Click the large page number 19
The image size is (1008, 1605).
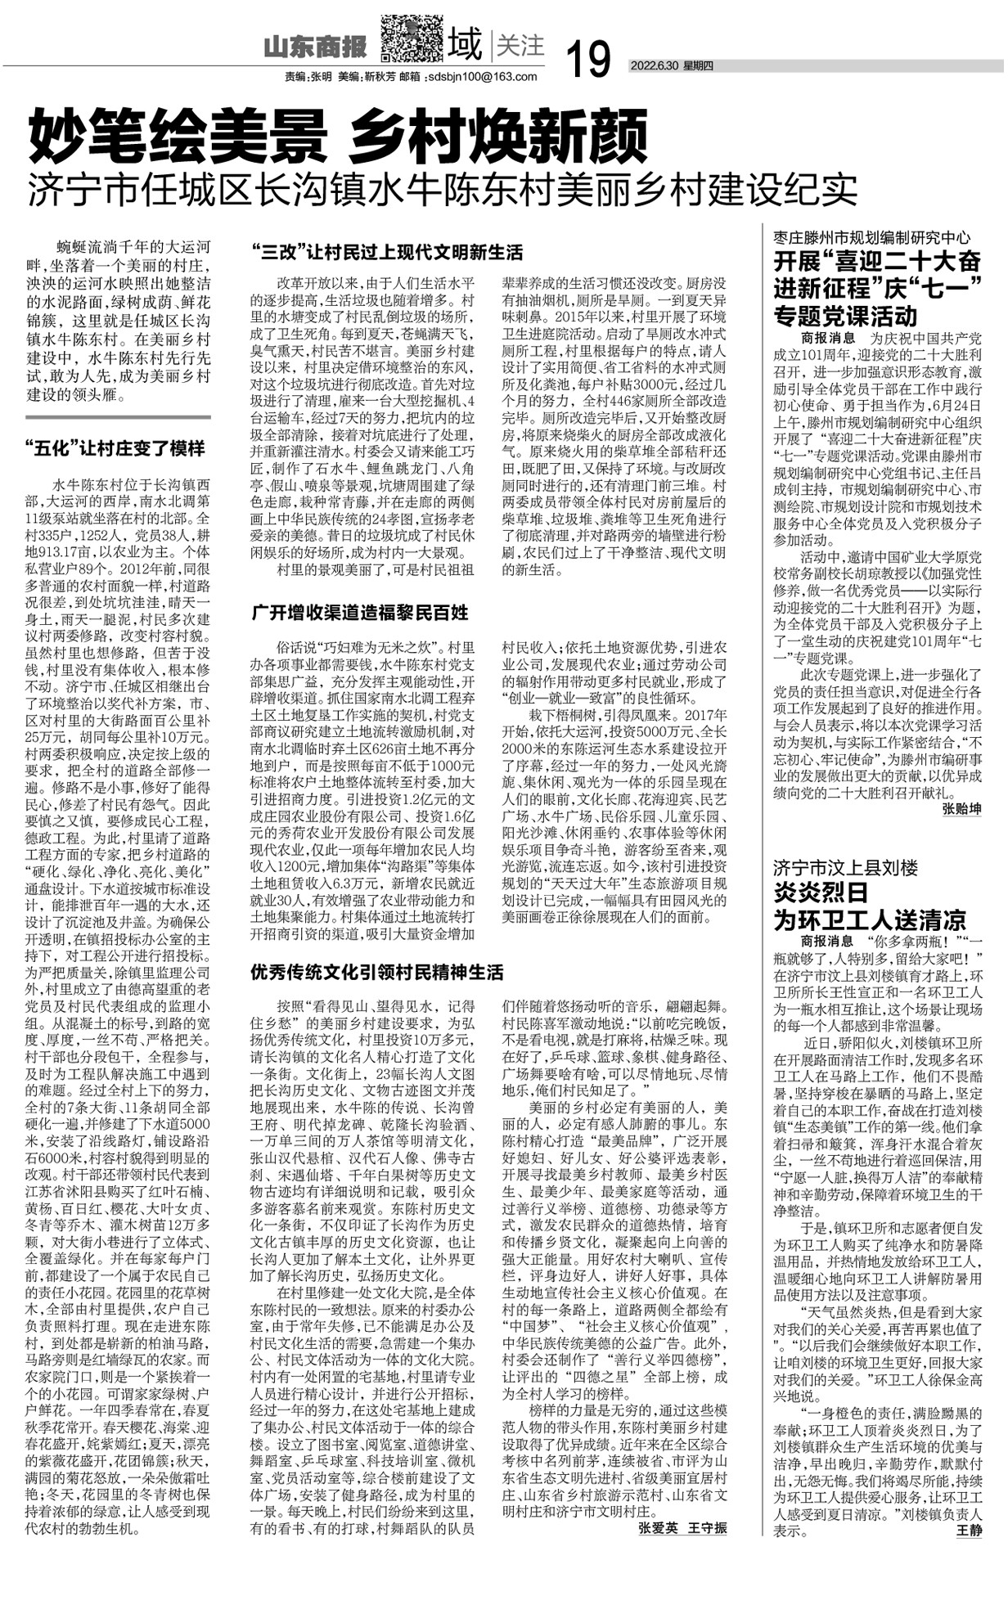[x=587, y=59]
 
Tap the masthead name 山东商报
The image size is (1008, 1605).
[x=315, y=47]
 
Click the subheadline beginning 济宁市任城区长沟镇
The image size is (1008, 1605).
[x=442, y=189]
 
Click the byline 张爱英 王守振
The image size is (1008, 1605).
[x=682, y=1528]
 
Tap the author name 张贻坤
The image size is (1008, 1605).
[x=961, y=809]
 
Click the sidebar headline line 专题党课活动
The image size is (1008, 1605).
[x=846, y=315]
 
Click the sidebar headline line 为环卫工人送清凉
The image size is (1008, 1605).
[x=870, y=919]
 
